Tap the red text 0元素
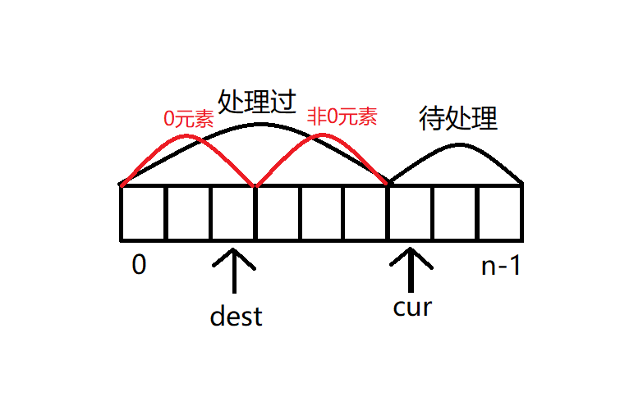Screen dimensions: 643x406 click(189, 118)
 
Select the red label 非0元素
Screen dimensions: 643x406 click(342, 117)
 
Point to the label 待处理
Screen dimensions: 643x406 click(458, 119)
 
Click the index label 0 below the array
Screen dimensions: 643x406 click(139, 266)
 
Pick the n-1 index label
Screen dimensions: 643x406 click(500, 267)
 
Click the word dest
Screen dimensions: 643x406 click(236, 316)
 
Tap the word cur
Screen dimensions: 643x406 click(412, 308)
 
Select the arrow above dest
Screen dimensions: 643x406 click(235, 271)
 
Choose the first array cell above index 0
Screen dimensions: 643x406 click(143, 213)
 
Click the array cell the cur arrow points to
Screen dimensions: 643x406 click(410, 213)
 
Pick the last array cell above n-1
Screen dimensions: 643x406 click(499, 213)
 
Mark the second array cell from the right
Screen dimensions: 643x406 click(454, 213)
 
